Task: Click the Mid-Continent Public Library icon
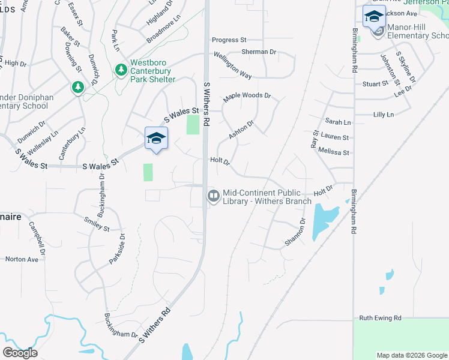[213, 196]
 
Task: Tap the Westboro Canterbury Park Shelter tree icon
[121, 70]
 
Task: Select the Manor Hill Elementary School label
[417, 31]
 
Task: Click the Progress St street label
[229, 40]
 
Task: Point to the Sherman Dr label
[259, 52]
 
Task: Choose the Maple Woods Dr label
[247, 96]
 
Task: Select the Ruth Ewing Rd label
[380, 318]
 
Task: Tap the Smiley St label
[97, 224]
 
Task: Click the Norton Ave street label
[22, 259]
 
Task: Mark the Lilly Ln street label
[383, 115]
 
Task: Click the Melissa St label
[334, 152]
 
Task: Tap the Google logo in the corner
[20, 353]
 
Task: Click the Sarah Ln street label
[338, 122]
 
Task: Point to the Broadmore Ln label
[163, 32]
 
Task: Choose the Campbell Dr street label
[37, 237]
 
